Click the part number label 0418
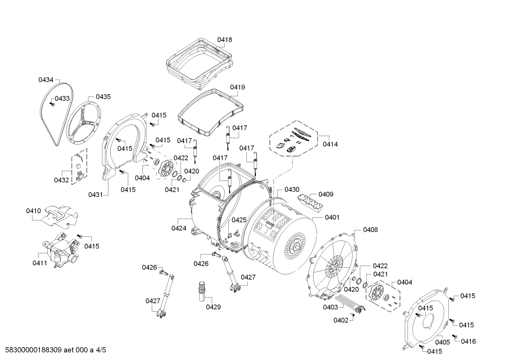[x=224, y=40]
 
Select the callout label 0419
[x=238, y=87]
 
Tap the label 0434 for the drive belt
[x=46, y=80]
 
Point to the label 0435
[x=103, y=97]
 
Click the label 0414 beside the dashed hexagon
[x=330, y=144]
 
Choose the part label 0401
[x=332, y=217]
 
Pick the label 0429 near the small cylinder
[x=213, y=307]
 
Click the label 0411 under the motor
[x=40, y=263]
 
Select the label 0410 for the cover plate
[x=34, y=211]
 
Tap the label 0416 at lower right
[x=468, y=341]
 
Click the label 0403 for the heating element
[x=330, y=307]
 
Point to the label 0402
[x=341, y=320]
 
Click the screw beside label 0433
[x=52, y=104]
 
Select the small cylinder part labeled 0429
[x=202, y=292]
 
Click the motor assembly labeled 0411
[x=61, y=249]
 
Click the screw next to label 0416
[x=455, y=337]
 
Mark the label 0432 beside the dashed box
[x=61, y=180]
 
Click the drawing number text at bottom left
[x=55, y=350]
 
